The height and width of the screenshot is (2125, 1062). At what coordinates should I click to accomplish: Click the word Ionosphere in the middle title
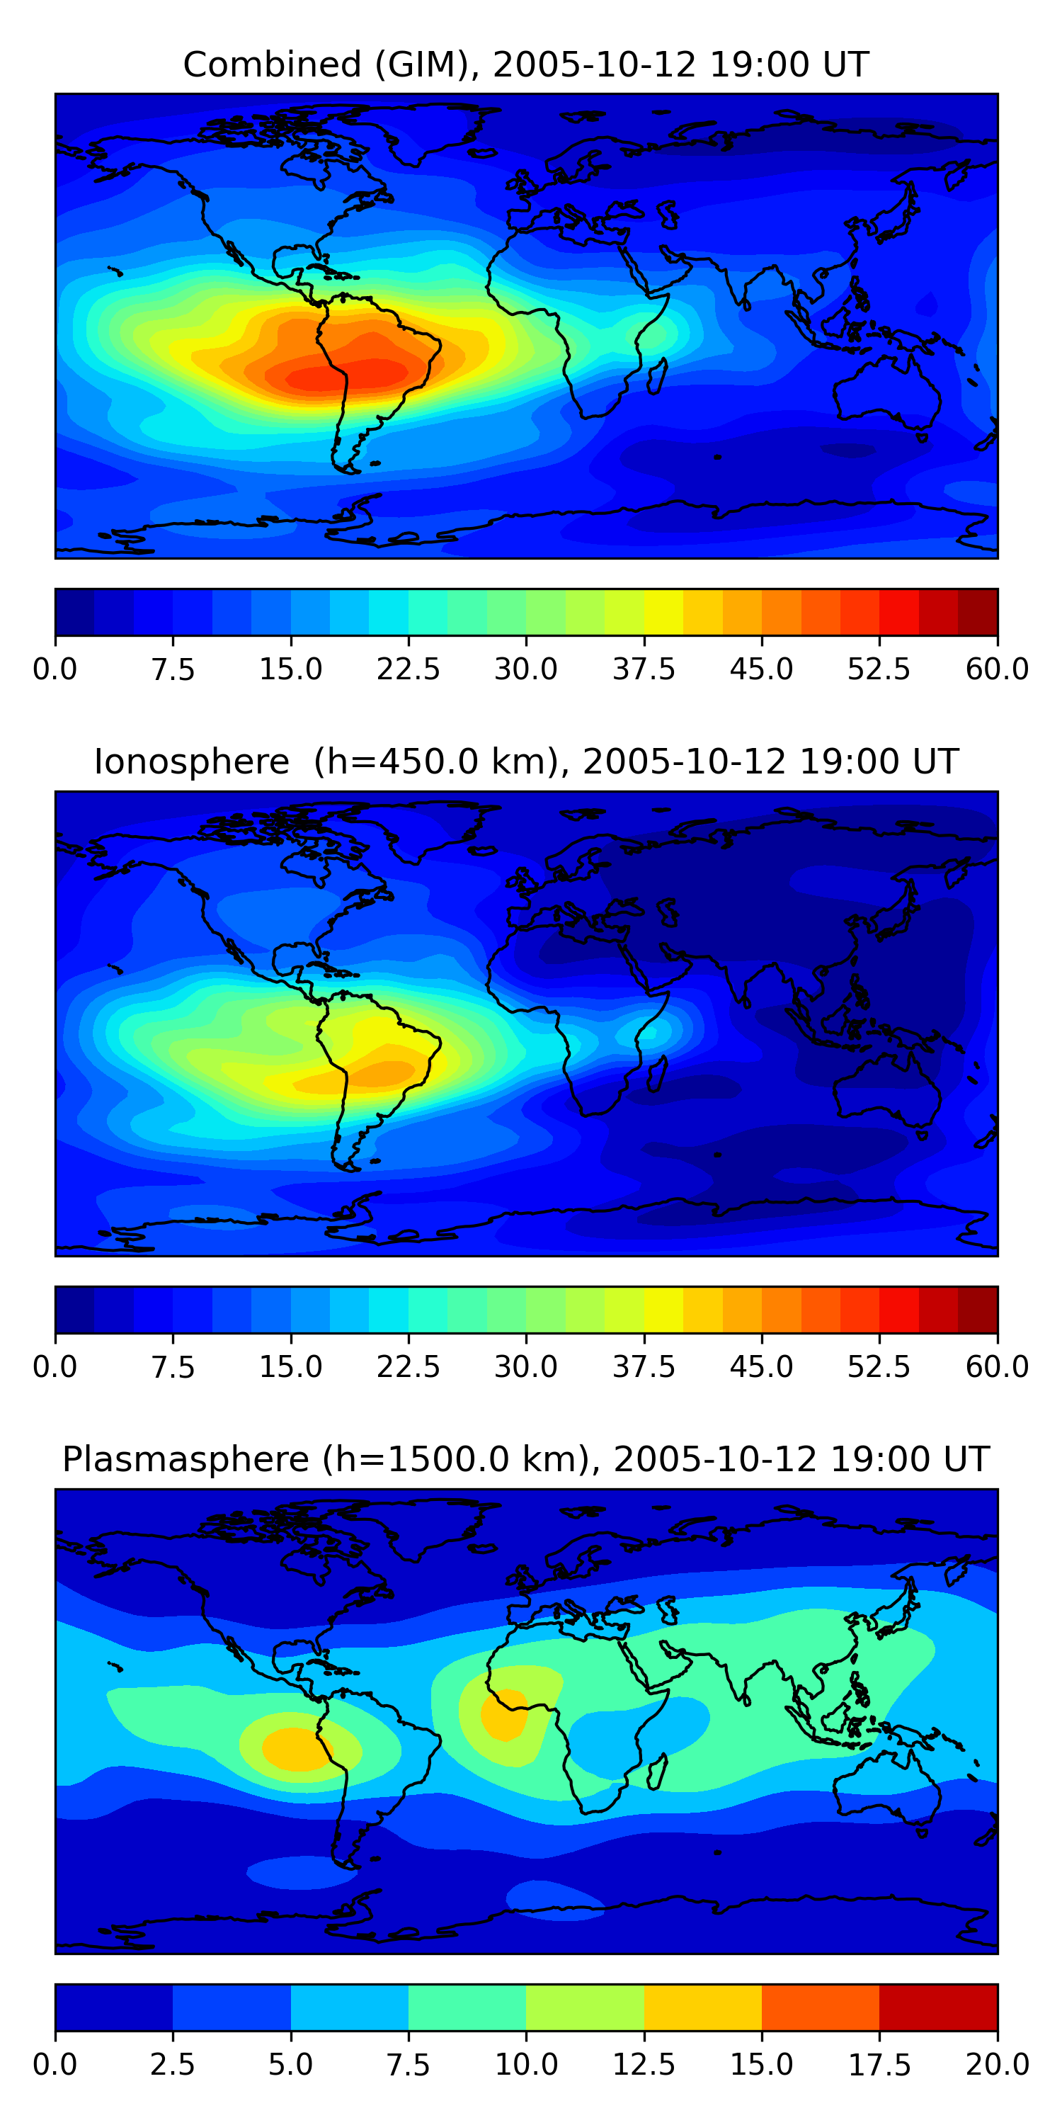coord(191,761)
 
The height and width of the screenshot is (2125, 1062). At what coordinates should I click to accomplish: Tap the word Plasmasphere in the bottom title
coord(185,1459)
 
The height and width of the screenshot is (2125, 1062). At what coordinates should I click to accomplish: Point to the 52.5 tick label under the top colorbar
coord(879,669)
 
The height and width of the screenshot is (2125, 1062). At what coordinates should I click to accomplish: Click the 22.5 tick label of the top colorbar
coord(408,669)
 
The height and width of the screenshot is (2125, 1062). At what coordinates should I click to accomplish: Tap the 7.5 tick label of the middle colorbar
coord(172,1367)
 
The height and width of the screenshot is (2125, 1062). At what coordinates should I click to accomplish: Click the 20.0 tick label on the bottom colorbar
coord(997,2065)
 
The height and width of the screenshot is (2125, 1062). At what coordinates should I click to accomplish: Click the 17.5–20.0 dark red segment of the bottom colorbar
coord(938,2007)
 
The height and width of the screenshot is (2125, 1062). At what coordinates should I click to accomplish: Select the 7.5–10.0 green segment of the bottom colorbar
coord(467,2007)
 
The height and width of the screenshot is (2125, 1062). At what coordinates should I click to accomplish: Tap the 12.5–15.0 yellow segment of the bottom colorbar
coord(702,2007)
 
